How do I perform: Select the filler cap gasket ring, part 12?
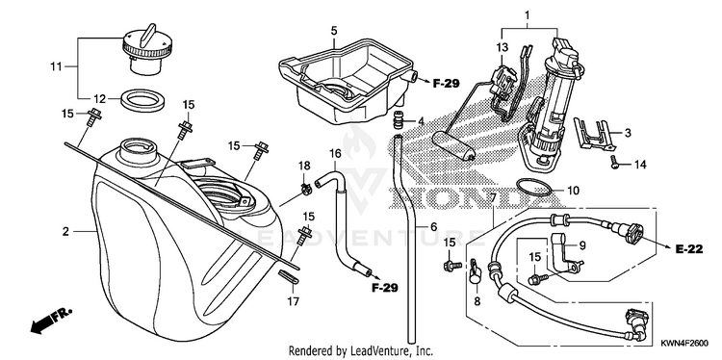pos(142,101)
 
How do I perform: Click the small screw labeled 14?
pos(615,163)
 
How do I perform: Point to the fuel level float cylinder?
pos(453,146)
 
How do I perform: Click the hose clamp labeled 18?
pos(305,188)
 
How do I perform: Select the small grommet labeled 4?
pos(398,120)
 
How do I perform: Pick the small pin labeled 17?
pos(289,277)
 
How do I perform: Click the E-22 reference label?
pos(689,249)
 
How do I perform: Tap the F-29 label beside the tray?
pos(446,84)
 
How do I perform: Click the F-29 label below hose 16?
pos(384,288)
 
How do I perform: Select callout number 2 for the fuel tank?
pos(65,232)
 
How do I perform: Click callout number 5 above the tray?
pos(334,31)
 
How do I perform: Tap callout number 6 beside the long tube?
pos(433,227)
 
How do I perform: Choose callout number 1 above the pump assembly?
pos(528,16)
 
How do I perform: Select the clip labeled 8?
pos(475,272)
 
